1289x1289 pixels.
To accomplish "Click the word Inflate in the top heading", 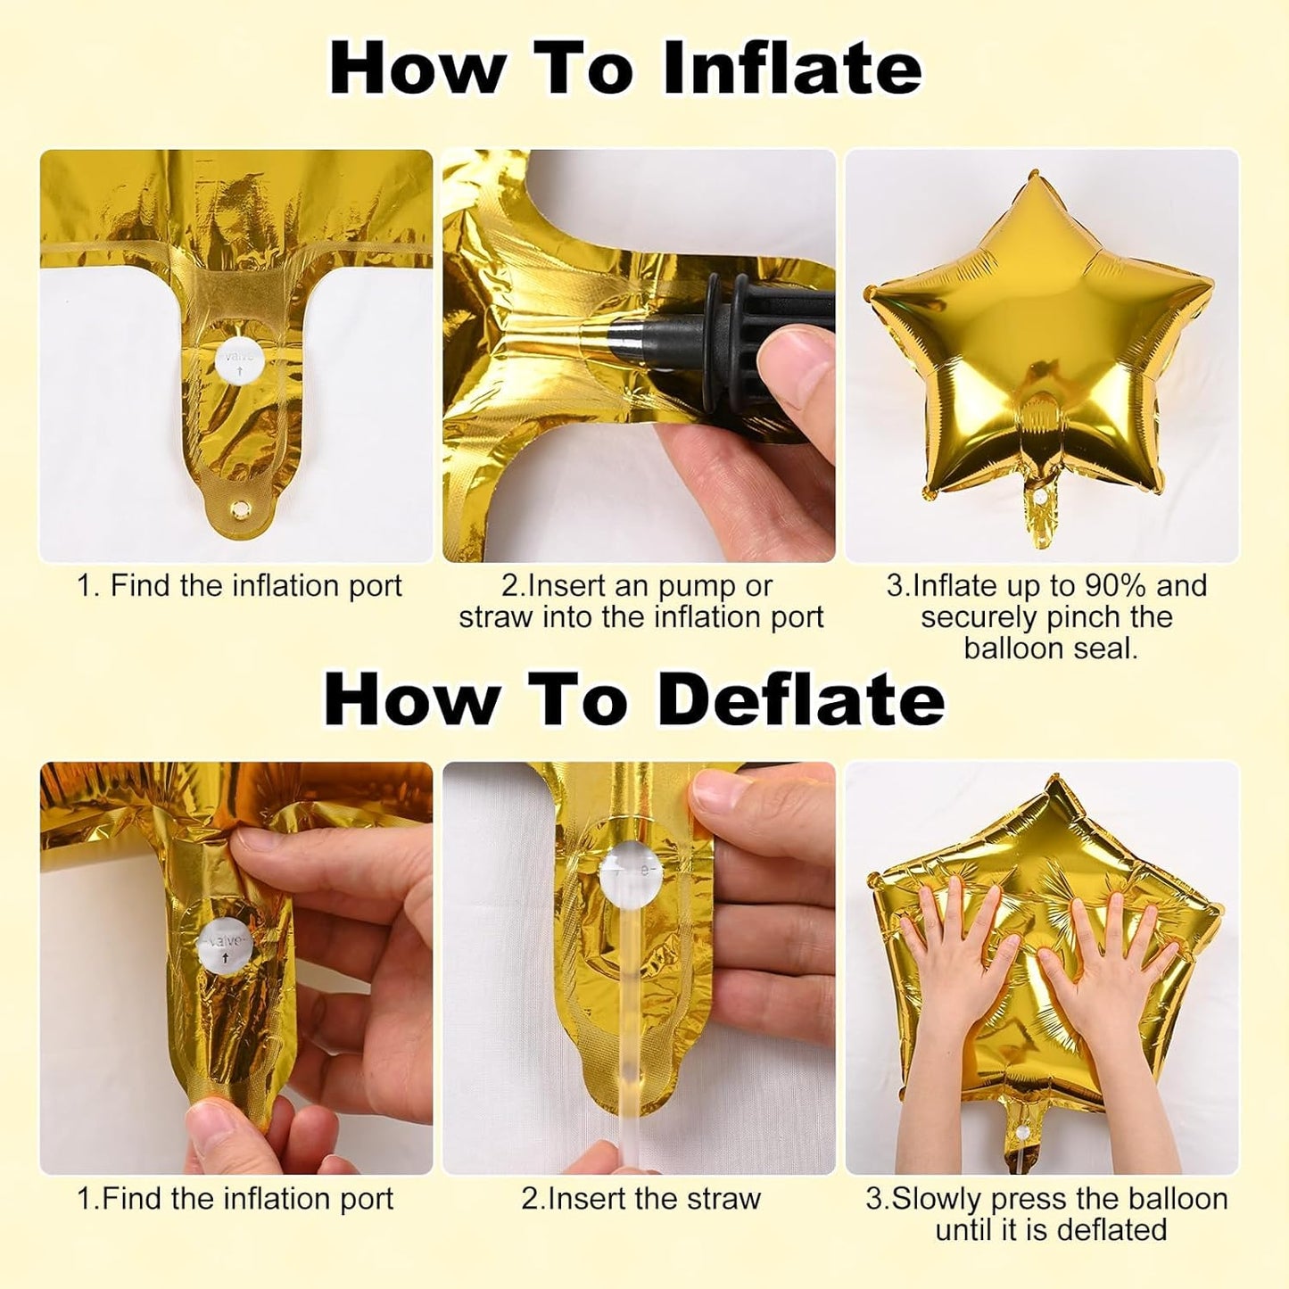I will coord(792,68).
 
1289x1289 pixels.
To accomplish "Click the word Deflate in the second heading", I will coord(801,699).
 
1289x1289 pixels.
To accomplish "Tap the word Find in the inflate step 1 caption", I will coord(141,586).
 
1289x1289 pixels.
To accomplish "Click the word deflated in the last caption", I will coord(1111,1229).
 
